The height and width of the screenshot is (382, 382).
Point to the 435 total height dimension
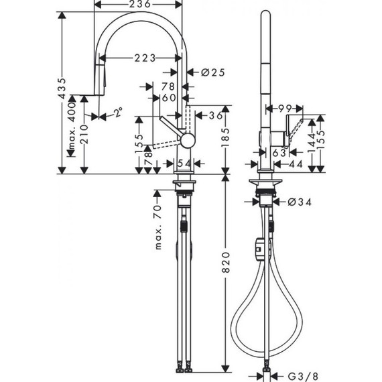pyautogui.click(x=62, y=86)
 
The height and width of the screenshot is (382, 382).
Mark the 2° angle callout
pyautogui.click(x=118, y=115)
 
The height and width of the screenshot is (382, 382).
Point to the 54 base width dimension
pyautogui.click(x=184, y=164)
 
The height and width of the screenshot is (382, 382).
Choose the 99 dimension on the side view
pyautogui.click(x=285, y=108)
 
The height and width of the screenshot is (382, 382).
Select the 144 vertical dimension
pyautogui.click(x=311, y=141)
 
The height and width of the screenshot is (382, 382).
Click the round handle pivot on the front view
pyautogui.click(x=189, y=139)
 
